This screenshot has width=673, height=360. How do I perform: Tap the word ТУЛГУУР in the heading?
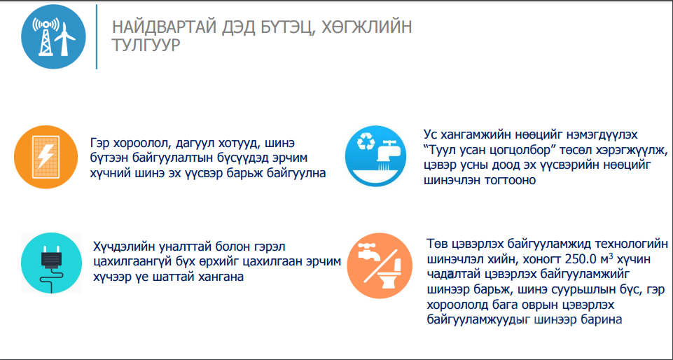[x=146, y=45]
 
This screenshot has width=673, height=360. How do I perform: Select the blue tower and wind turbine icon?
[x=53, y=37]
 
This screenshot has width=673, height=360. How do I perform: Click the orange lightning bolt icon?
[x=46, y=157]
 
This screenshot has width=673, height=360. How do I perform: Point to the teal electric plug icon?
[x=51, y=263]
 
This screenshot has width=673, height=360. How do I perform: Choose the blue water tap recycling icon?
[x=375, y=156]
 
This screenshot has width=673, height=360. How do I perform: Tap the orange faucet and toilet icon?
[x=380, y=265]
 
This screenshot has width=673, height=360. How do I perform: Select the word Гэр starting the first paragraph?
[x=99, y=143]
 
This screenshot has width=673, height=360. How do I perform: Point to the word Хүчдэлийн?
[x=123, y=247]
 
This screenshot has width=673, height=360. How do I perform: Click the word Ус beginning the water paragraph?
[x=430, y=134]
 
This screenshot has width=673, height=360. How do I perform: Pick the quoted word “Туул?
[x=438, y=150]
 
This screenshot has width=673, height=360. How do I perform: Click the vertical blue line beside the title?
[x=97, y=37]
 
